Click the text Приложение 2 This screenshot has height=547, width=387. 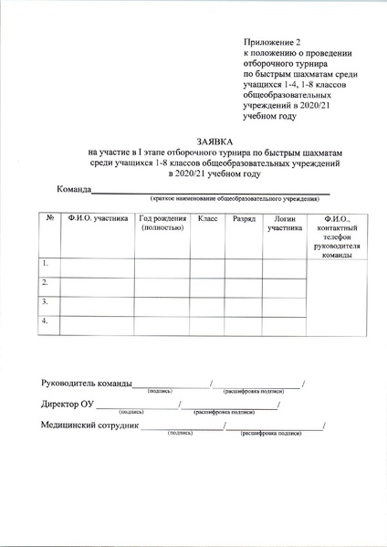click(271, 43)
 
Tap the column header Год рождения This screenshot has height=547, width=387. click(162, 224)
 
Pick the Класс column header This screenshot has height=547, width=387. click(206, 219)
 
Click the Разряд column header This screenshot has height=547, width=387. click(244, 219)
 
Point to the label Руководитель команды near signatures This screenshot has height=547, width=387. click(87, 383)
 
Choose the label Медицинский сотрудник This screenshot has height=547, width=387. click(89, 425)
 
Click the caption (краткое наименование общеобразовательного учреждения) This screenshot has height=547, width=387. click(235, 198)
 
